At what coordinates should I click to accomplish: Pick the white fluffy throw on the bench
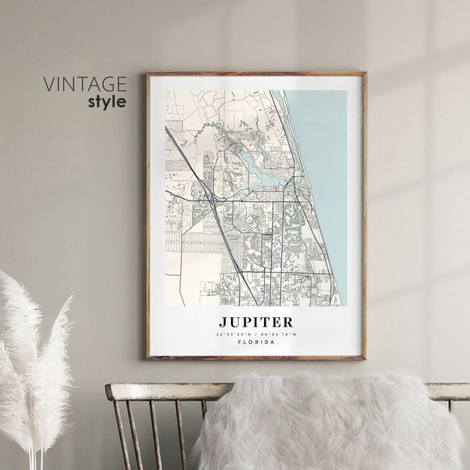(x=329, y=423)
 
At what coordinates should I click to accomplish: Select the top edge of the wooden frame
(x=255, y=74)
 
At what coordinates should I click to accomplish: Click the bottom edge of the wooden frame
(x=255, y=357)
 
